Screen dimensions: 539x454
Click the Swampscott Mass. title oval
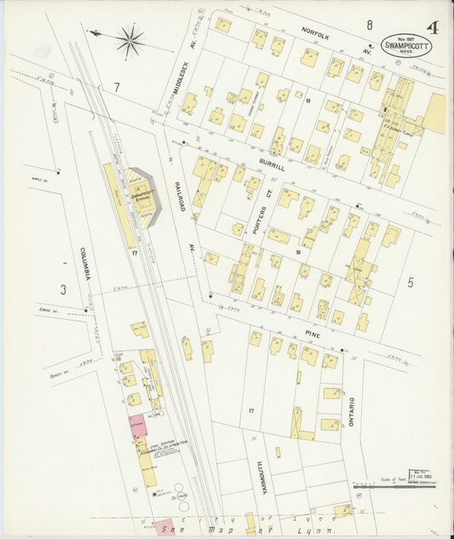405,47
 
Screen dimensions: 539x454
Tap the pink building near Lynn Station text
137,424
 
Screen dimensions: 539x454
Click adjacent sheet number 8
370,25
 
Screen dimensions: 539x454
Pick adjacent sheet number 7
116,87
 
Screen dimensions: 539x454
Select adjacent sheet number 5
410,281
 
